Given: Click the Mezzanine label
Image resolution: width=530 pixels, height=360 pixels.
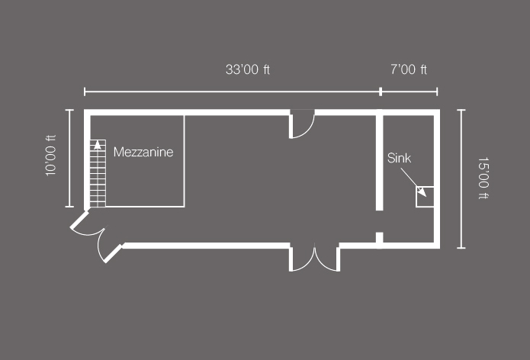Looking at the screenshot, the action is point(143,152).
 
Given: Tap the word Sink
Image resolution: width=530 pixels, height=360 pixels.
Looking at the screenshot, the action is point(399,158).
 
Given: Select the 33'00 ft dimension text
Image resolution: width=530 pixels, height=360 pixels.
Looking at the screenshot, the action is point(248,69).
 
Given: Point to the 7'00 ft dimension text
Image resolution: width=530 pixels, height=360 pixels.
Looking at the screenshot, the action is point(409,69).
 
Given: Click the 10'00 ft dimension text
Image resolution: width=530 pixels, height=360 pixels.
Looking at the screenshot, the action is point(50,156).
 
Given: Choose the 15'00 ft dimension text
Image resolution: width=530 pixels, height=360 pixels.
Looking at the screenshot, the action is point(483,178).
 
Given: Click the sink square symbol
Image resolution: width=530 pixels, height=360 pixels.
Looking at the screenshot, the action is point(425,196).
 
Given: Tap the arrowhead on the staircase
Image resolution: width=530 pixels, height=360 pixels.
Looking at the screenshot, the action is point(98,145).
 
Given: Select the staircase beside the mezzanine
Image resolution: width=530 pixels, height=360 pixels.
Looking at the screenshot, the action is point(98,173).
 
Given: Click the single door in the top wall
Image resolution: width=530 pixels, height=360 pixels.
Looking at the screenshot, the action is point(302,124).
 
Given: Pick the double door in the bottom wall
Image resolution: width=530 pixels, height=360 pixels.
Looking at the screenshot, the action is point(314,257).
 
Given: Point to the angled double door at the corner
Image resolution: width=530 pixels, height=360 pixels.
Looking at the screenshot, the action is point(96,235).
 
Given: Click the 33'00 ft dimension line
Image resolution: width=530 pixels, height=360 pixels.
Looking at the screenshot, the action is point(233,92).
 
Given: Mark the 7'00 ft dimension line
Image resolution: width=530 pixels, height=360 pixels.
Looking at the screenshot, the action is point(409,92).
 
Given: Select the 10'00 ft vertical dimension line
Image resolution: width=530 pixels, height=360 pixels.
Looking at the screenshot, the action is point(69,158).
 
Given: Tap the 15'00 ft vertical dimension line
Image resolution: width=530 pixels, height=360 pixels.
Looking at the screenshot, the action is point(461,178).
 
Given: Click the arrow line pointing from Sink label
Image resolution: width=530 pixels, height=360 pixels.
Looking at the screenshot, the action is point(413,182).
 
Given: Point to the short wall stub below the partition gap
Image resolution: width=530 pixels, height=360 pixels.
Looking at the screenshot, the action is point(380,240).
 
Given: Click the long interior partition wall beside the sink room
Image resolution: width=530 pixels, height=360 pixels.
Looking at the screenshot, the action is point(380,160).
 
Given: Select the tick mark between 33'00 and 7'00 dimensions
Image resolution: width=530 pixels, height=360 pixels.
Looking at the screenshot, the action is point(381,92).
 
